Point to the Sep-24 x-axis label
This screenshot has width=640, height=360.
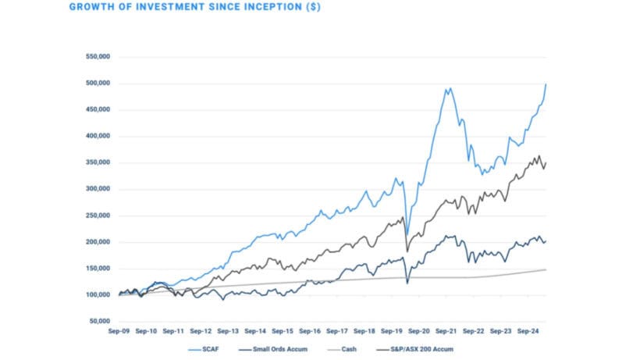[531, 331]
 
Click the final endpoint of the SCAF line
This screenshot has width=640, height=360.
[546, 84]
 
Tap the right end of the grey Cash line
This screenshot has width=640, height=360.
[546, 269]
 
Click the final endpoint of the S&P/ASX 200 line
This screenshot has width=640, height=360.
[546, 162]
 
